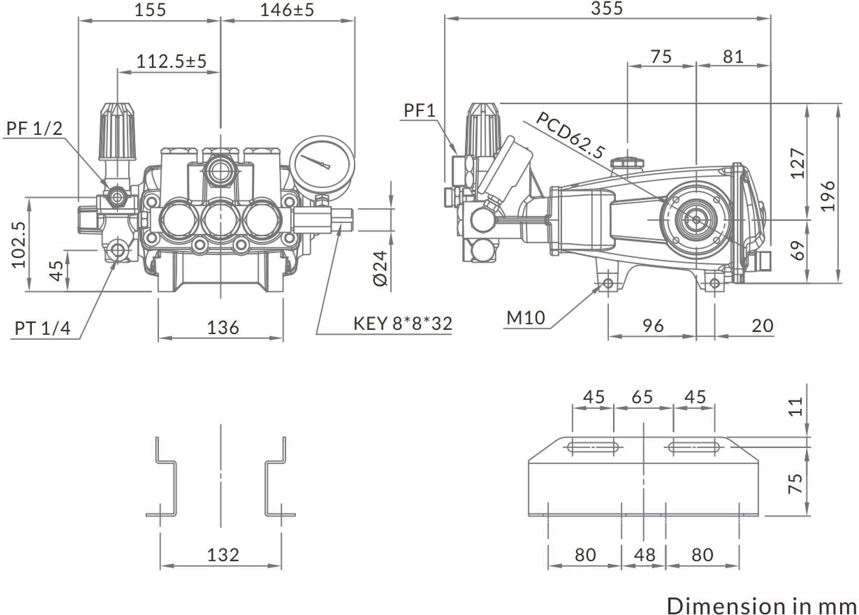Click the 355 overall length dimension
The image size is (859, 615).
click(x=607, y=8)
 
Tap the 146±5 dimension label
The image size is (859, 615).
click(x=287, y=10)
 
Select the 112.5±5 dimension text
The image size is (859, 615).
click(x=171, y=61)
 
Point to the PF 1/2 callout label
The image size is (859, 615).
click(x=34, y=129)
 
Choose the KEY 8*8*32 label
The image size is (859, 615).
click(x=403, y=324)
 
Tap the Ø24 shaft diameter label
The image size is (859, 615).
click(x=381, y=268)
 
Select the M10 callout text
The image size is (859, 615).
click(x=526, y=318)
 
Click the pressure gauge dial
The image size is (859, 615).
click(x=322, y=165)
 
